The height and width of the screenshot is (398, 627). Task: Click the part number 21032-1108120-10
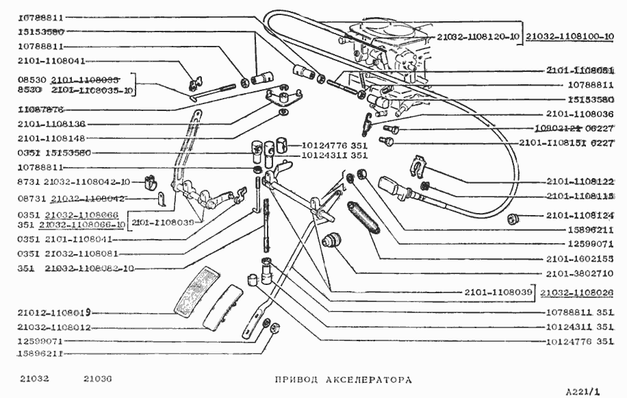pyautogui.click(x=476, y=35)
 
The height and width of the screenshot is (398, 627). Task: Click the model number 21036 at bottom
pyautogui.click(x=98, y=379)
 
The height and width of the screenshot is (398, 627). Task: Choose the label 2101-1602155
pyautogui.click(x=580, y=259)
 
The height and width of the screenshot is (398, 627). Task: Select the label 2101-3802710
pyautogui.click(x=580, y=274)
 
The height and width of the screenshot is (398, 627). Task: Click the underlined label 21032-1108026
pyautogui.click(x=576, y=293)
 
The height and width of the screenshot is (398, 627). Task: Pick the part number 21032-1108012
pyautogui.click(x=55, y=327)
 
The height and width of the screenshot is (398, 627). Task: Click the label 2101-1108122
pyautogui.click(x=580, y=182)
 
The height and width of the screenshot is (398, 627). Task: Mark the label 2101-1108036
pyautogui.click(x=580, y=114)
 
